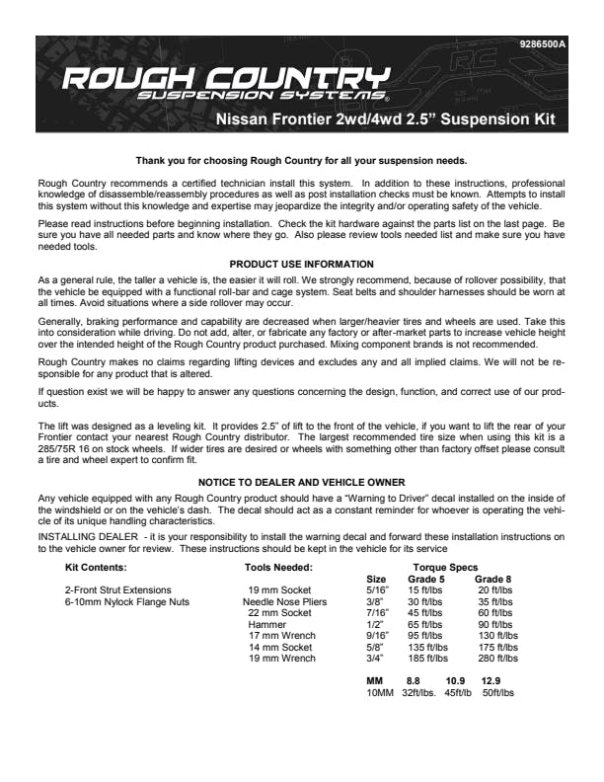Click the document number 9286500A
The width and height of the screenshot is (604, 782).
(x=542, y=45)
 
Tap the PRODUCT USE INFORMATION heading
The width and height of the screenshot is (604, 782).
(x=301, y=264)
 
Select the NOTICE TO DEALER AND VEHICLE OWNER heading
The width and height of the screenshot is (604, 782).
(x=301, y=482)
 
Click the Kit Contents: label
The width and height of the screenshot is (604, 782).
(x=96, y=568)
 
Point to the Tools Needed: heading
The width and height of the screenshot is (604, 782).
(x=278, y=568)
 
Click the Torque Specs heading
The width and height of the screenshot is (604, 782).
(x=445, y=568)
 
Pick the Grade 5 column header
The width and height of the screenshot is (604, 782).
(x=426, y=579)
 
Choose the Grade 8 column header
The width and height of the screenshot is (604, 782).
(x=492, y=579)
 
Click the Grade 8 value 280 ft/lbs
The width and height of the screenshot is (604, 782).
(x=497, y=659)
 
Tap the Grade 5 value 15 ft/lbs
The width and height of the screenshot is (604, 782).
(x=426, y=590)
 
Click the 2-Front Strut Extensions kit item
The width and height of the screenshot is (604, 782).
(x=117, y=590)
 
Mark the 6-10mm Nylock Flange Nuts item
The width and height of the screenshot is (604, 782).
(x=127, y=601)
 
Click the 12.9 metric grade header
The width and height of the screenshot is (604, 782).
(x=491, y=681)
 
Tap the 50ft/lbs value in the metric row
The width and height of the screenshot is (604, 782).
(x=497, y=693)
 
